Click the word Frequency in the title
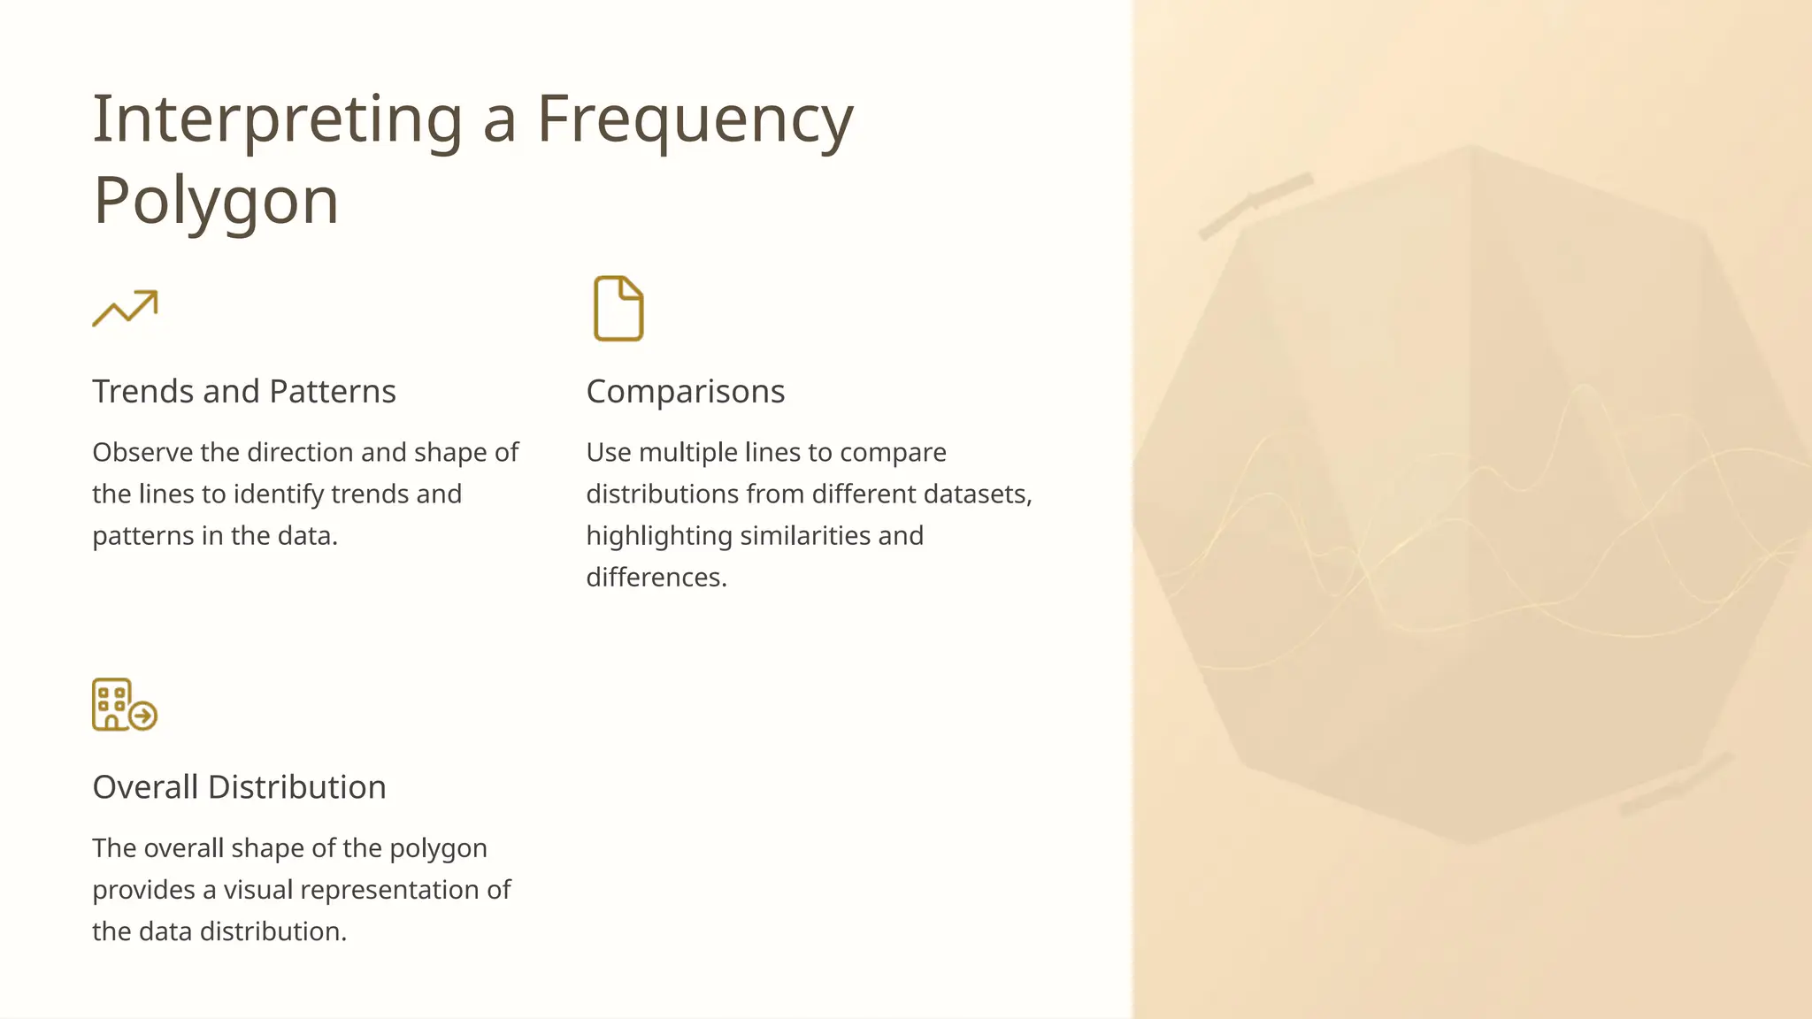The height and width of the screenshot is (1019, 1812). [695, 119]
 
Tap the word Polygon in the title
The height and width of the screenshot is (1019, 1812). [216, 201]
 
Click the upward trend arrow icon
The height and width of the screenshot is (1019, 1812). [126, 308]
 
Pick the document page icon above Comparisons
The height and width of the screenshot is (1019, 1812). [618, 308]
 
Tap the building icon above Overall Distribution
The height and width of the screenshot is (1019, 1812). [125, 704]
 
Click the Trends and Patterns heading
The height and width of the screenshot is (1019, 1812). [244, 391]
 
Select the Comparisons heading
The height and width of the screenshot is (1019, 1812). [686, 391]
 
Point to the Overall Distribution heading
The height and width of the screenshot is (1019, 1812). [239, 786]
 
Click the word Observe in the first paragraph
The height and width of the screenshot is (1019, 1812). [142, 452]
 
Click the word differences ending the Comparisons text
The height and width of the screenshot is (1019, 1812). [656, 577]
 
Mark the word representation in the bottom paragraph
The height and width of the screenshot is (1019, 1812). [367, 889]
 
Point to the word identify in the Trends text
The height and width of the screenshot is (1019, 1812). [278, 494]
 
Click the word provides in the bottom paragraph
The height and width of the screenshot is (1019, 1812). [143, 889]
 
